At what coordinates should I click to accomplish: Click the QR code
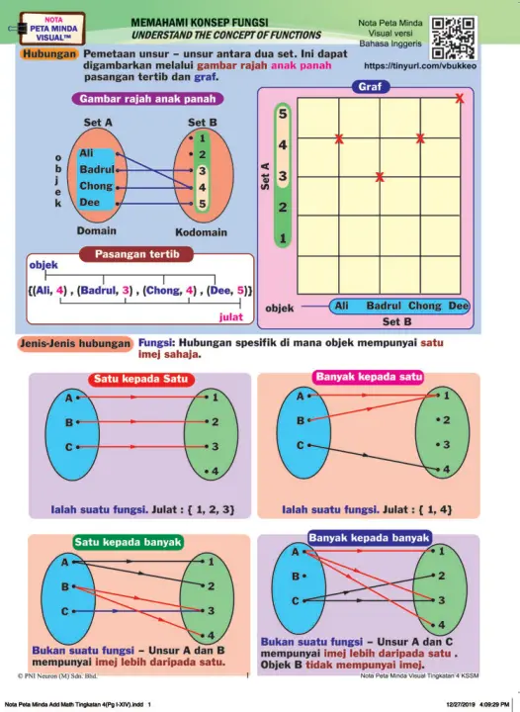(453, 39)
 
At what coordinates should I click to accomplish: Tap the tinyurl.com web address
(420, 66)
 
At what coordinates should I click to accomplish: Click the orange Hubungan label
(49, 54)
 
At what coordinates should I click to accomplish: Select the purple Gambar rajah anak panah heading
(147, 99)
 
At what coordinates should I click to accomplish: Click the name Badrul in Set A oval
(97, 169)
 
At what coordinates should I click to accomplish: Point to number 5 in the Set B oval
(202, 204)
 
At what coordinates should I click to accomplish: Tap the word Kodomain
(201, 232)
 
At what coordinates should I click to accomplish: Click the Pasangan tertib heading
(136, 254)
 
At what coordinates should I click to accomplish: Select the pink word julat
(231, 317)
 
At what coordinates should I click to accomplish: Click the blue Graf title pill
(371, 87)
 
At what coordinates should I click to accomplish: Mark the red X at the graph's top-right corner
(460, 98)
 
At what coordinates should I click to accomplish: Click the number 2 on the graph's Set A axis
(283, 208)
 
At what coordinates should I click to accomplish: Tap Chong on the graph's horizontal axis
(425, 306)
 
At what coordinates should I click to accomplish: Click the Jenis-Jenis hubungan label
(75, 344)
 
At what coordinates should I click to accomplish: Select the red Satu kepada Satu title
(140, 379)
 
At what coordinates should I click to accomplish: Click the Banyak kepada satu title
(369, 377)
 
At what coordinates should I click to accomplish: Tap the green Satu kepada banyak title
(128, 542)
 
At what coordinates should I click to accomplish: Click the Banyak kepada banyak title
(369, 538)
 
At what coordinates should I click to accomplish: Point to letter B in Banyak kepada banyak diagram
(296, 577)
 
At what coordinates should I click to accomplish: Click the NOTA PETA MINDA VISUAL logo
(53, 29)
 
